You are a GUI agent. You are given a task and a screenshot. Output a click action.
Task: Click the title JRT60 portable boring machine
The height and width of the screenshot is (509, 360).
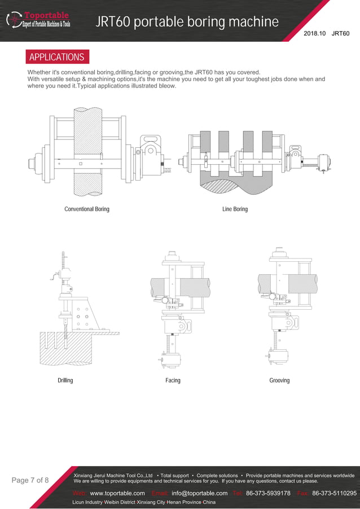pyautogui.click(x=187, y=22)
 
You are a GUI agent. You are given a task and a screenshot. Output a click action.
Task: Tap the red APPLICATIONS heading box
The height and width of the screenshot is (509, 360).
pyautogui.click(x=56, y=57)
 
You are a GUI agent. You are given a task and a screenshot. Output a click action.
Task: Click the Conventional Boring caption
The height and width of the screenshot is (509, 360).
pyautogui.click(x=87, y=209)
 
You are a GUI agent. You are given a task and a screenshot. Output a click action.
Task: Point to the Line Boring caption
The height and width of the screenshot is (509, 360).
pyautogui.click(x=235, y=209)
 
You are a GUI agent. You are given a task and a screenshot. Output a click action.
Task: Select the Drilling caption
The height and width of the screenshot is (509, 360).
pyautogui.click(x=65, y=380)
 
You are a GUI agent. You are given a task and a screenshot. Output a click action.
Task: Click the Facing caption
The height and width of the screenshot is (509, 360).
pyautogui.click(x=173, y=380)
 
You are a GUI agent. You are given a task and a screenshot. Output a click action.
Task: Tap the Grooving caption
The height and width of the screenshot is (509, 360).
pyautogui.click(x=279, y=380)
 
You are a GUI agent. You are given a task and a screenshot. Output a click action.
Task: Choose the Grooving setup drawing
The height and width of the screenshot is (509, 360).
pyautogui.click(x=282, y=305)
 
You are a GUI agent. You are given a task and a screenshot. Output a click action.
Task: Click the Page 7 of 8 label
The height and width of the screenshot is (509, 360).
pyautogui.click(x=30, y=480)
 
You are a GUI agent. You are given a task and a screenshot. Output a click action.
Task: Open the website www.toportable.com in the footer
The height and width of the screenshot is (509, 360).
pyautogui.click(x=117, y=493)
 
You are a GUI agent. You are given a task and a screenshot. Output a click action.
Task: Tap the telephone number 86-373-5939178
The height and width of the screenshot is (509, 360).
pyautogui.click(x=268, y=493)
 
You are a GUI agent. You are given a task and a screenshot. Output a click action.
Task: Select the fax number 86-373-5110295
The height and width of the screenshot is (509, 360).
pyautogui.click(x=334, y=493)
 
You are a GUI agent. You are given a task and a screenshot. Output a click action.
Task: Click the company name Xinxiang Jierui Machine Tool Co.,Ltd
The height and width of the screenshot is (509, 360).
pyautogui.click(x=113, y=476)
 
